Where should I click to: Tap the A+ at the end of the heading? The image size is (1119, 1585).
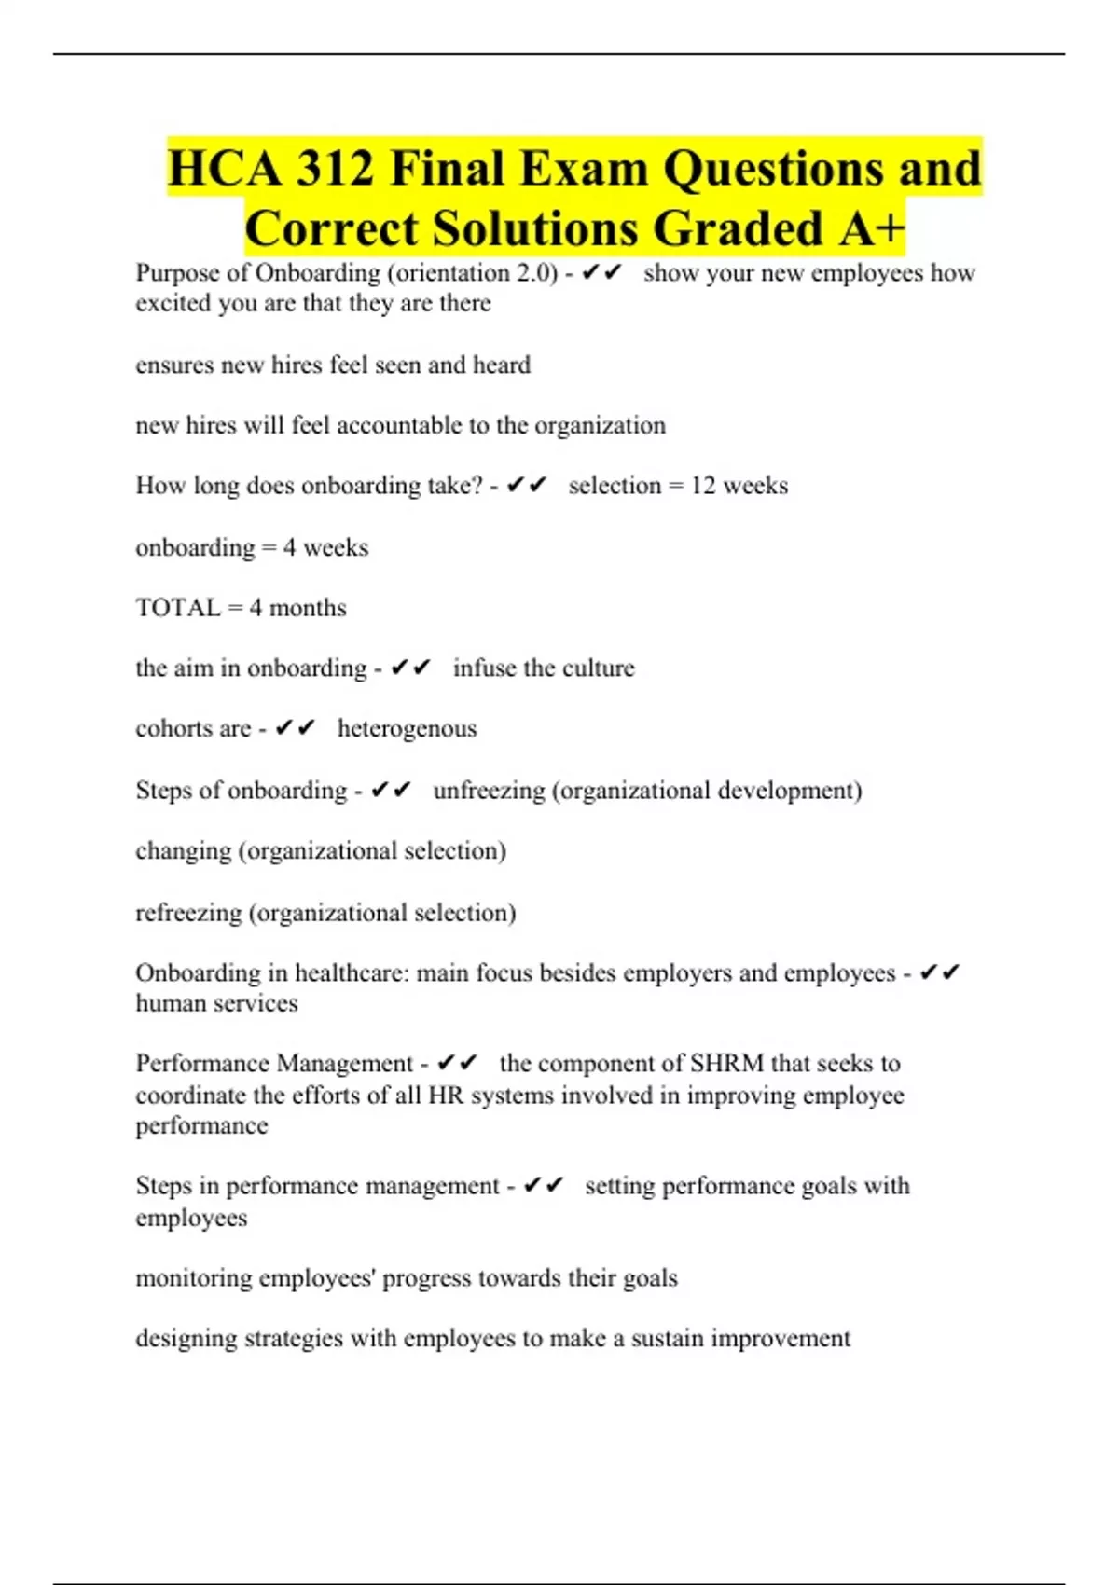871,228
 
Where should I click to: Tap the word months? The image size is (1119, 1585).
308,608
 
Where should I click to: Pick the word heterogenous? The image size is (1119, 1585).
407,728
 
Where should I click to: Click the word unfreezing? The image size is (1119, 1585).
489,791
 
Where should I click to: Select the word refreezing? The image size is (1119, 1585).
188,913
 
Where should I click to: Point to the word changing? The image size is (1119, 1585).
184,851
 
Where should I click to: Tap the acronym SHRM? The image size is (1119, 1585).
726,1064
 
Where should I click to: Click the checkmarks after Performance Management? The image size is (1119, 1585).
457,1064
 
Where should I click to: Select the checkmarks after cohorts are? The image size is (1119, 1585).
296,728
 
